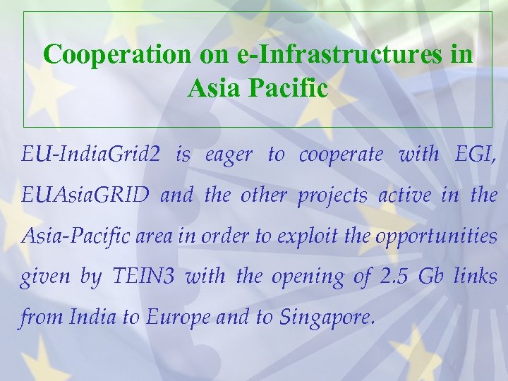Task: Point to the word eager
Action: [228, 155]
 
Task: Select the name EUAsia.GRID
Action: [85, 195]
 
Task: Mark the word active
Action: [404, 195]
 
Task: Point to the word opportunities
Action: [436, 236]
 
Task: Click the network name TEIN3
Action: [143, 276]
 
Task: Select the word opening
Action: [303, 277]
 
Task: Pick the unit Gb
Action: [430, 276]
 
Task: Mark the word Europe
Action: [179, 317]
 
